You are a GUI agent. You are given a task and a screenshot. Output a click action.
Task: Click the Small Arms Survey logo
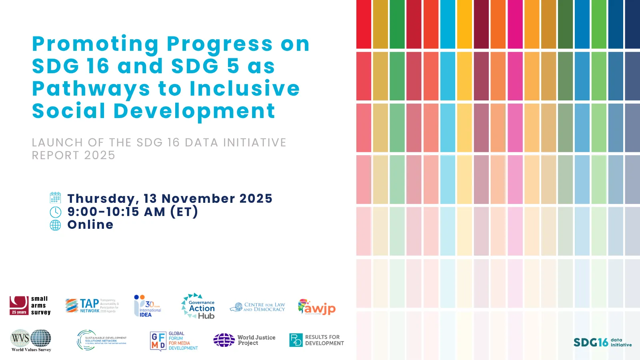pyautogui.click(x=30, y=306)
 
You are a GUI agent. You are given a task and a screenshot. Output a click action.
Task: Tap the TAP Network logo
pyautogui.click(x=92, y=306)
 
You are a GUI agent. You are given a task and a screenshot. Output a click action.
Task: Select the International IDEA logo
pyautogui.click(x=147, y=306)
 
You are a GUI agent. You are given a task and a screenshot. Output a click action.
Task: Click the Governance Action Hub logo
pyautogui.click(x=198, y=306)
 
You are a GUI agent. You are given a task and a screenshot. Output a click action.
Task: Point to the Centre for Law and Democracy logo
pyautogui.click(x=257, y=307)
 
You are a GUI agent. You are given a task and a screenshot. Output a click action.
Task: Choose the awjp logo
pyautogui.click(x=316, y=307)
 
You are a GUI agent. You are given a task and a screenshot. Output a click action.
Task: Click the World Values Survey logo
pyautogui.click(x=31, y=340)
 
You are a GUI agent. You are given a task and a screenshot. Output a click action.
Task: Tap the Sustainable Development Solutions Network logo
pyautogui.click(x=102, y=340)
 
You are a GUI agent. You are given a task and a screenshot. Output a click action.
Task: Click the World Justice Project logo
pyautogui.click(x=244, y=340)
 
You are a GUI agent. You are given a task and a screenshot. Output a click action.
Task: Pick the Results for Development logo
pyautogui.click(x=316, y=340)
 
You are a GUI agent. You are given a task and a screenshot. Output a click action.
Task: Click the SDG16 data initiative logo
pyautogui.click(x=602, y=342)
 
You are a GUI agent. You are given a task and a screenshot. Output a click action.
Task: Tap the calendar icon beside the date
pyautogui.click(x=55, y=198)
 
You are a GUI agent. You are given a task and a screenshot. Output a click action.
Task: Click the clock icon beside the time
pyautogui.click(x=55, y=212)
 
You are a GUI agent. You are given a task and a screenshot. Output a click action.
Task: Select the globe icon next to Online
pyautogui.click(x=55, y=225)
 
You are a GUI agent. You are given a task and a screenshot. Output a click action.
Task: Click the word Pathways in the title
pyautogui.click(x=91, y=89)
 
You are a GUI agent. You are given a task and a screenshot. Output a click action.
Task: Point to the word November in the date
pyautogui.click(x=198, y=198)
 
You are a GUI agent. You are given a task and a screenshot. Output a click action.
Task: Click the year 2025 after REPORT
pyautogui.click(x=100, y=155)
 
